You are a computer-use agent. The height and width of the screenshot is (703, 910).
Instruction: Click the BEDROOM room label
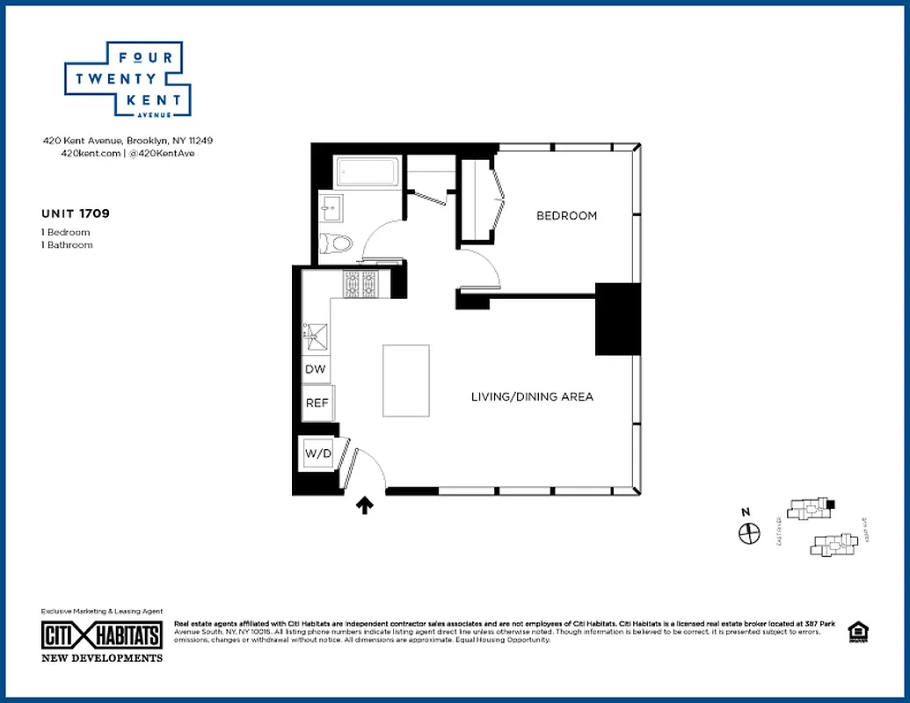click(x=566, y=215)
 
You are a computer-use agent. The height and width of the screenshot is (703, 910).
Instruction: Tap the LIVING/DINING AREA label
click(x=532, y=396)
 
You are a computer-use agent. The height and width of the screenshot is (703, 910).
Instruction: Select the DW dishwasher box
click(x=316, y=370)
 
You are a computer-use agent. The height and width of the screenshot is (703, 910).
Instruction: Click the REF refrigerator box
click(x=317, y=403)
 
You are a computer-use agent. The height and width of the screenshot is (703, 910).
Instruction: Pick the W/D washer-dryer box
click(x=317, y=453)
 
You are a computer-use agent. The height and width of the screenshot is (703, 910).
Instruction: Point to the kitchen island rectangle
click(x=406, y=380)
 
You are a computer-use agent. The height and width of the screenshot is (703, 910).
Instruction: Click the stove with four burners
click(x=360, y=285)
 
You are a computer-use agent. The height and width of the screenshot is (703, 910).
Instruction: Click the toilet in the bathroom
click(x=338, y=243)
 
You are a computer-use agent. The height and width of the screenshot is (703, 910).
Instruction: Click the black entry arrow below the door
click(x=365, y=505)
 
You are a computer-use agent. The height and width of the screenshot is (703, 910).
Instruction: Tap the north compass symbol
click(x=748, y=533)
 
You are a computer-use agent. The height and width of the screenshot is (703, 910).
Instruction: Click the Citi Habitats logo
click(x=102, y=635)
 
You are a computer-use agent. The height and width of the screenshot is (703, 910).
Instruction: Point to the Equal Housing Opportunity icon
click(x=855, y=632)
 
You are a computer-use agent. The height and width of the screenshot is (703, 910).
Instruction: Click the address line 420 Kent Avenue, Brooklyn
click(x=128, y=141)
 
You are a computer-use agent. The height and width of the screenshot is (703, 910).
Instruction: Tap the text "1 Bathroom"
click(x=67, y=245)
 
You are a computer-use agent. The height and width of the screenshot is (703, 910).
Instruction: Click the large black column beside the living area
click(x=618, y=319)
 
